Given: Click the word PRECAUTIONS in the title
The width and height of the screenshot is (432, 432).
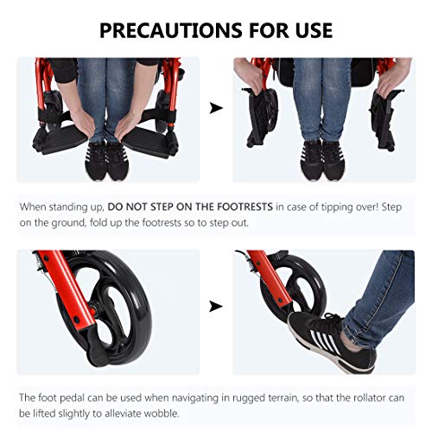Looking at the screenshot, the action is (171, 30).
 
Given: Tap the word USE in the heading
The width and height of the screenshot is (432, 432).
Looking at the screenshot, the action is (314, 30).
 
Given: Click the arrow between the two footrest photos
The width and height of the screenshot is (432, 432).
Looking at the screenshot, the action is (216, 108).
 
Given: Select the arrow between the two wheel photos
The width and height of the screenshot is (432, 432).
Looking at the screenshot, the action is (216, 306).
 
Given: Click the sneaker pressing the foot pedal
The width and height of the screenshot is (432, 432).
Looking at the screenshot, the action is (331, 341).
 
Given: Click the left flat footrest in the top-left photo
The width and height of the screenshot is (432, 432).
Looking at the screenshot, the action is (61, 140).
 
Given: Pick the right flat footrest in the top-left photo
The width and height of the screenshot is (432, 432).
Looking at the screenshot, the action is (149, 142).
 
